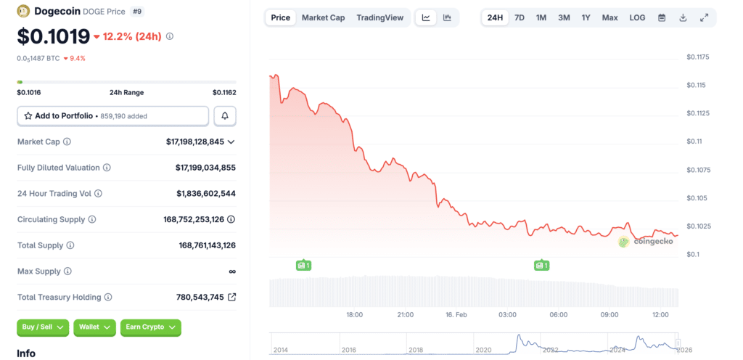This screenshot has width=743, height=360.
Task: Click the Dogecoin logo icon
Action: pyautogui.click(x=23, y=11)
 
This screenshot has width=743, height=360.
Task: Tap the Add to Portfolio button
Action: pyautogui.click(x=112, y=115)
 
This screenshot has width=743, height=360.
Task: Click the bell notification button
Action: pyautogui.click(x=225, y=115)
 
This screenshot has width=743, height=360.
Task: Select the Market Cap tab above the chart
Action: pyautogui.click(x=323, y=17)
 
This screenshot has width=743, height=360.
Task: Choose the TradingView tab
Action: pyautogui.click(x=379, y=17)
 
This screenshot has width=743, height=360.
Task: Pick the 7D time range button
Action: pyautogui.click(x=519, y=17)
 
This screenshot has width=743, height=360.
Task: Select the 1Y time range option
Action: pyautogui.click(x=586, y=17)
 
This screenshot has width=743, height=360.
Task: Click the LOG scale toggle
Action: pyautogui.click(x=637, y=17)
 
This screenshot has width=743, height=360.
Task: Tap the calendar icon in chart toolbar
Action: pyautogui.click(x=662, y=17)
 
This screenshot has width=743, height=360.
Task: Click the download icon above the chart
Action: pyautogui.click(x=683, y=17)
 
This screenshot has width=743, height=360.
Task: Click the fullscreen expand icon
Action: pyautogui.click(x=704, y=17)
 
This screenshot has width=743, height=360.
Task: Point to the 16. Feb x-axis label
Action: pyautogui.click(x=456, y=314)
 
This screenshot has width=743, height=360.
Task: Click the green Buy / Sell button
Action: pyautogui.click(x=43, y=327)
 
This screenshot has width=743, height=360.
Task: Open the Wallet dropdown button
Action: pyautogui.click(x=94, y=327)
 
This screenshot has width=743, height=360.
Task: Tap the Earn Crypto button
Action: pyautogui.click(x=150, y=327)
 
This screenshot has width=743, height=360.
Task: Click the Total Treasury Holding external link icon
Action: pyautogui.click(x=232, y=297)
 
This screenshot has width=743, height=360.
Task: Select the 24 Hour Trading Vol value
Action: pyautogui.click(x=205, y=193)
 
